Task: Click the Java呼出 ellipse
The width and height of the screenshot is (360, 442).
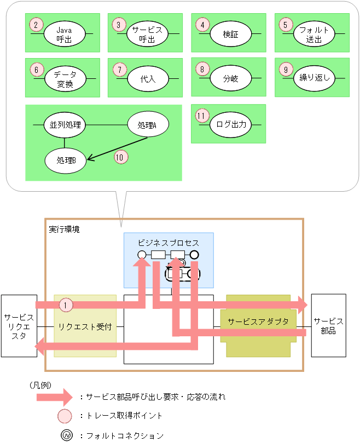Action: point(65,34)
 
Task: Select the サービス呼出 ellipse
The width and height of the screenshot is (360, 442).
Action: point(148,34)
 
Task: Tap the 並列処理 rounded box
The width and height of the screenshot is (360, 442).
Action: point(65,125)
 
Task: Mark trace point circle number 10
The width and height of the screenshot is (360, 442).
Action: point(120,157)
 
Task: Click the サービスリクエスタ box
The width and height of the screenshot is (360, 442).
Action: point(19,326)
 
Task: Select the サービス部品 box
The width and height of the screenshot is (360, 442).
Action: point(328,326)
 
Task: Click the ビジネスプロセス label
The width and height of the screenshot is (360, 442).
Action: point(168,242)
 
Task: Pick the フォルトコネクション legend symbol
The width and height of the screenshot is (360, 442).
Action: point(66,436)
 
